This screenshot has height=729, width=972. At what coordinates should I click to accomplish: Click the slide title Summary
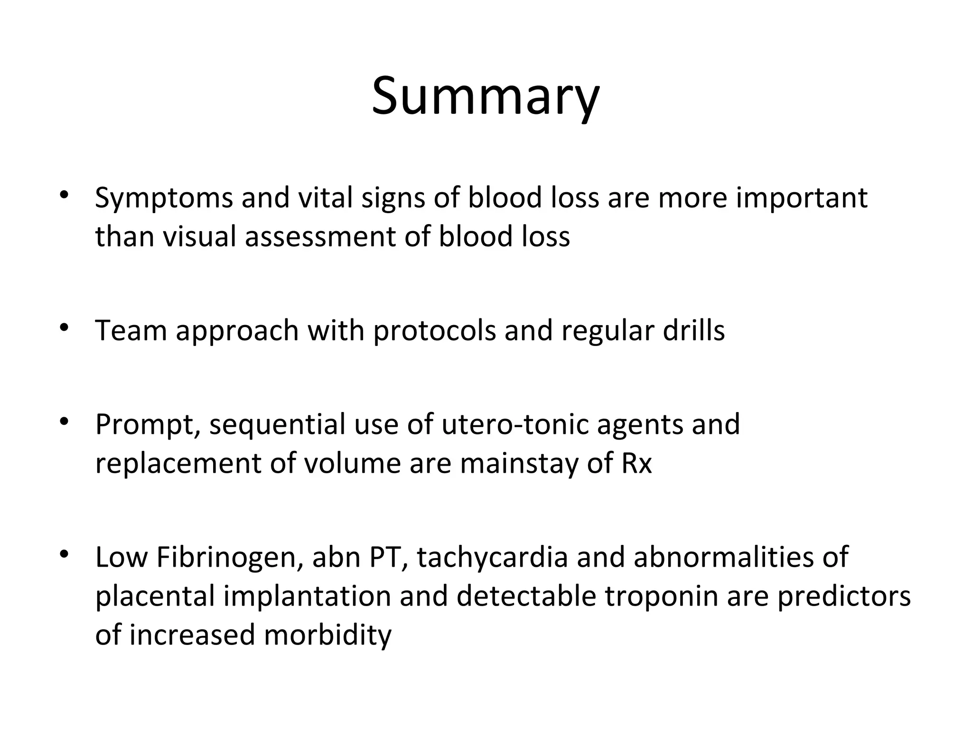coord(486,97)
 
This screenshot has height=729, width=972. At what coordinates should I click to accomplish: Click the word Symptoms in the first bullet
coord(164,198)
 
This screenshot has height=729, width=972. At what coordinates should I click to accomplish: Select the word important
coord(802,198)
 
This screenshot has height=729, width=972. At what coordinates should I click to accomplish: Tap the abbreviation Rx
coord(636,463)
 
